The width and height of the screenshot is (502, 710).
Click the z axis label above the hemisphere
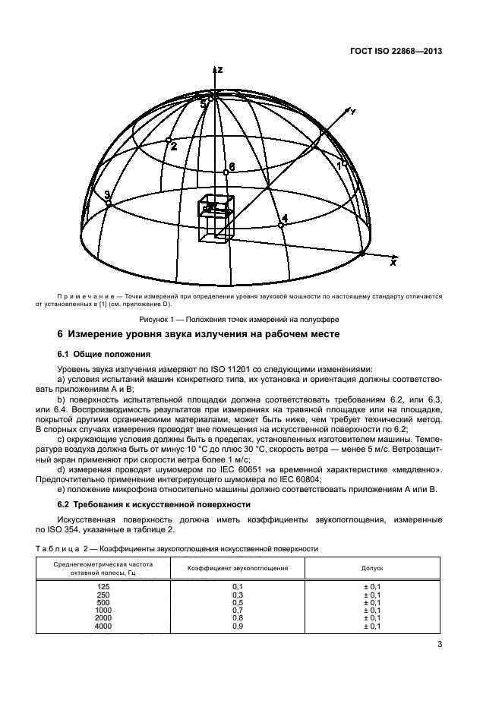pos(219,69)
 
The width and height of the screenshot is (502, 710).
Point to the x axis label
pos(393,262)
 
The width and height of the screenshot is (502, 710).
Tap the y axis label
pos(352,112)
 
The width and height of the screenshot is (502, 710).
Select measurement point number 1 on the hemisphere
pos(343,163)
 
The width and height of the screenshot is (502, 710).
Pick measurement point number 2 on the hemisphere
pos(169,140)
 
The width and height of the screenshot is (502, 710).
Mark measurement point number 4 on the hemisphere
pos(282,225)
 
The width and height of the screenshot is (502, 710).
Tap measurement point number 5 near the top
pos(213,96)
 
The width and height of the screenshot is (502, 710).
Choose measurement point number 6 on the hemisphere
pos(226,172)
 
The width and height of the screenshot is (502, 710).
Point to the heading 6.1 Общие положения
pos(105,354)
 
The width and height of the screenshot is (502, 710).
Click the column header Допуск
pos(371,567)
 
